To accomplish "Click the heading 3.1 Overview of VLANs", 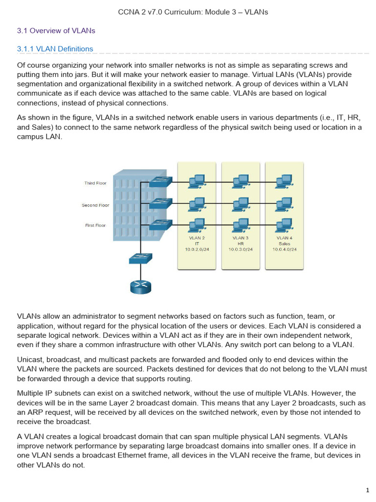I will [x=56, y=30].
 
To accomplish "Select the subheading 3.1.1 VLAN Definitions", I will [x=55, y=49].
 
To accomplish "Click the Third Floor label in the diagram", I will [x=95, y=183].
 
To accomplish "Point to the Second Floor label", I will [x=95, y=205].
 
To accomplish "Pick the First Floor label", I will [x=95, y=226].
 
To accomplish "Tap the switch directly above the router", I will [x=141, y=258].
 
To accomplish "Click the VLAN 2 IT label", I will [x=197, y=240].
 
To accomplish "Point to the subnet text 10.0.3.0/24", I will [x=241, y=249].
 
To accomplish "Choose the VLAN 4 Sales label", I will [x=284, y=240].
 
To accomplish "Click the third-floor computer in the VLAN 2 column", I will [x=197, y=182].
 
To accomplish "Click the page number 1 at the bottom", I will [x=367, y=490].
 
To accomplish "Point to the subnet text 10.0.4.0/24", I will [x=284, y=249].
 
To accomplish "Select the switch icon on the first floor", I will [x=160, y=225].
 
